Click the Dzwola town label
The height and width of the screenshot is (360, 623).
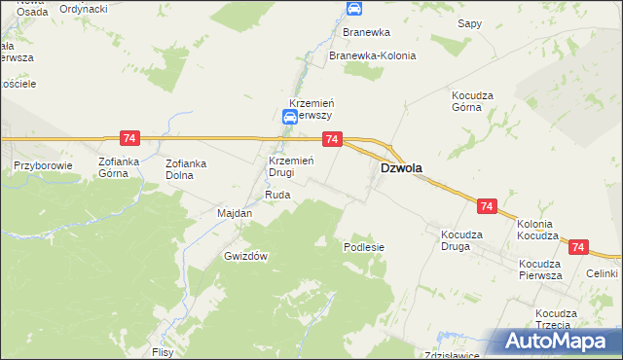[x=400, y=167]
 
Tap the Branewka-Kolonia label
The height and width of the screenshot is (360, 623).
[x=372, y=55]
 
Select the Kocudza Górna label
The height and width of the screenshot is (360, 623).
[x=474, y=101]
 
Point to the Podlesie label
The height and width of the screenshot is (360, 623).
[x=364, y=247]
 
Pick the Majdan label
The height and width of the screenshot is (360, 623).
[x=234, y=213]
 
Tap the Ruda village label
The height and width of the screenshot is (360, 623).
[x=277, y=195]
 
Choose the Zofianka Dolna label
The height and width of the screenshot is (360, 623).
[x=187, y=169]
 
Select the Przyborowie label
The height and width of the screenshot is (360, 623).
[x=44, y=165]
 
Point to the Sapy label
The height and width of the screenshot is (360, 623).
[x=470, y=22]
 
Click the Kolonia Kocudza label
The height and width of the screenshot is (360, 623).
[x=537, y=230]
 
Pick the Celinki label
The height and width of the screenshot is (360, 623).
[x=603, y=274]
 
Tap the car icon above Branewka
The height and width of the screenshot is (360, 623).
[x=354, y=10]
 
